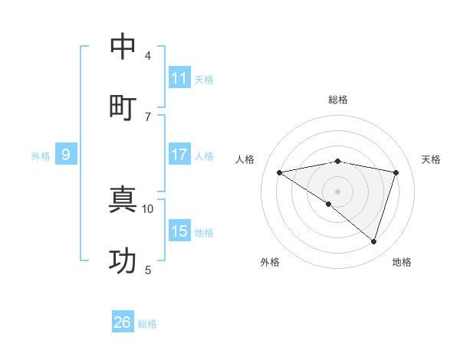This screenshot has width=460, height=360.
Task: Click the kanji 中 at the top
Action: (123, 47)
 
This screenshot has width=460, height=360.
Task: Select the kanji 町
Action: (123, 106)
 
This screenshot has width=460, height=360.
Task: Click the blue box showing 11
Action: (179, 78)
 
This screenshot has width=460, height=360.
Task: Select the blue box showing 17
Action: (179, 155)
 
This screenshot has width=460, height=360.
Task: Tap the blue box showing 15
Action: (179, 231)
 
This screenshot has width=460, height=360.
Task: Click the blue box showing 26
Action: (123, 322)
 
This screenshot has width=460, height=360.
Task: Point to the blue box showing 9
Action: (66, 155)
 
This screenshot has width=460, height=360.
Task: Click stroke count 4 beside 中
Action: (147, 56)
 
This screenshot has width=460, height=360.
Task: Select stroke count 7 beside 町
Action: (147, 116)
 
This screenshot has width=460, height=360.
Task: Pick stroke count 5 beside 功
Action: (147, 270)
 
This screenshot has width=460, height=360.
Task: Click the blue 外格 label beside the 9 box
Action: (41, 156)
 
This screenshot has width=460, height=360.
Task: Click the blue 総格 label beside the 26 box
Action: (147, 324)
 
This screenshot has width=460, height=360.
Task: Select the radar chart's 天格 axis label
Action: (432, 159)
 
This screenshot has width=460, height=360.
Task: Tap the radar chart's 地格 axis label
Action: (402, 262)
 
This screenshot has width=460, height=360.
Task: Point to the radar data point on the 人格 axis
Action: (280, 172)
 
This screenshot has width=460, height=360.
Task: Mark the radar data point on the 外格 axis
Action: (329, 204)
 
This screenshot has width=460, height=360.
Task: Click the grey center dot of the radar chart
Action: (337, 191)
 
